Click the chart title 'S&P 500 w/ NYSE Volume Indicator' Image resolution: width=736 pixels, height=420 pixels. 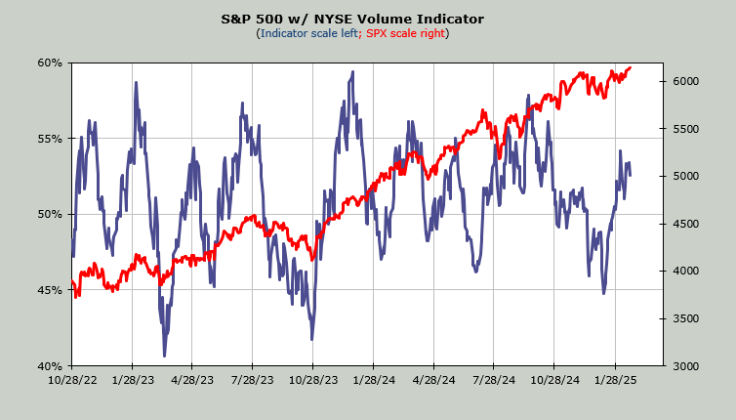pos(367,19)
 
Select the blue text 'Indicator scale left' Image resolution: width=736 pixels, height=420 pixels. pos(307,33)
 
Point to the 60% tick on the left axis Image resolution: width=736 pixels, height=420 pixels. pos(50,63)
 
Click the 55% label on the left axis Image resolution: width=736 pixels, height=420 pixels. pos(50,139)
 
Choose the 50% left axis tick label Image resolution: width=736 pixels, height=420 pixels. pos(50,214)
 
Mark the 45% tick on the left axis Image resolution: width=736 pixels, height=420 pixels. pos(50,290)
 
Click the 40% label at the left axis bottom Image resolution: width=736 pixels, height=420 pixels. pos(50,365)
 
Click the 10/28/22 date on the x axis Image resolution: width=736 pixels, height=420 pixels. pos(71,381)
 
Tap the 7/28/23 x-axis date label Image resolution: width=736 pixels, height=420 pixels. pos(252,381)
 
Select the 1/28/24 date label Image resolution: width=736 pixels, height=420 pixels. pos(373,381)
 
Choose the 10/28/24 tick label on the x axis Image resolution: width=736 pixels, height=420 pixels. pos(553,381)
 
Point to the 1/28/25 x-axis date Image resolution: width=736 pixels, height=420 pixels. pos(614,381)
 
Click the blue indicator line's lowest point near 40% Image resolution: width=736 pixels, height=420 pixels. pos(164,356)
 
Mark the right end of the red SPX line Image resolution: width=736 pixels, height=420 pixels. pos(631,67)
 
